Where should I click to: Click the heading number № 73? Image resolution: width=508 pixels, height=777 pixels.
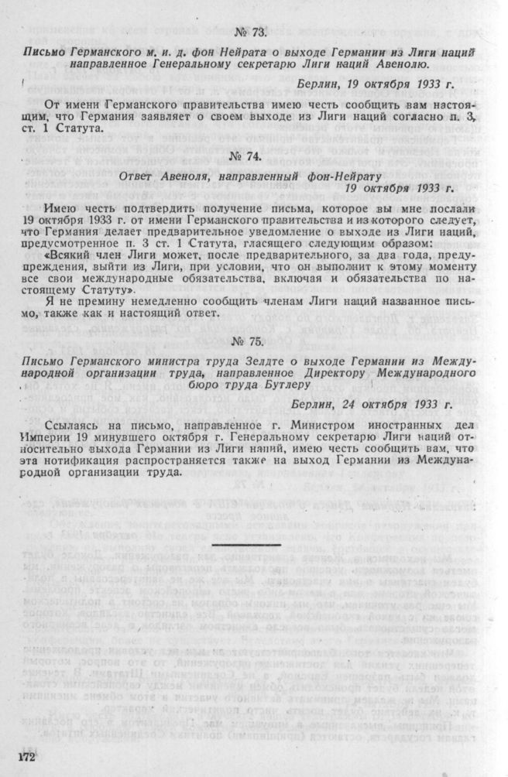(x=250, y=33)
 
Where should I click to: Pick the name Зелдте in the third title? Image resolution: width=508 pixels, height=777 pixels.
(x=256, y=362)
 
